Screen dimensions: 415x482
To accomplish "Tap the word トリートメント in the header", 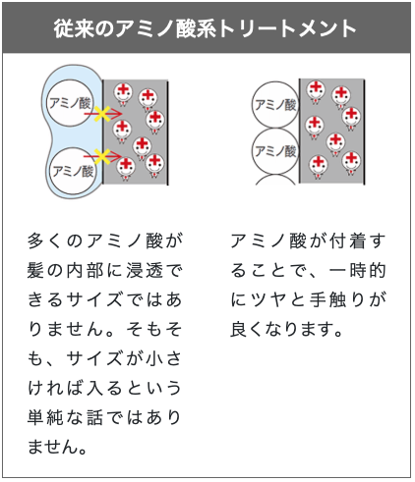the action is point(287,28).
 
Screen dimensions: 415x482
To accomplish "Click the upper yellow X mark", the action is point(102,114).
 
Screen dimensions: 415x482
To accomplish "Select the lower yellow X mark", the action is point(102,157).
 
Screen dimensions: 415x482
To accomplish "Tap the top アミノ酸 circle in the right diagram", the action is point(275,105).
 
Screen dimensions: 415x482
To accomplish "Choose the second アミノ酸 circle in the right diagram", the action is point(275,151).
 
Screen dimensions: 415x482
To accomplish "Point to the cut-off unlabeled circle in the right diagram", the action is point(275,180).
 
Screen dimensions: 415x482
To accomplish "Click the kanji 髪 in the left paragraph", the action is point(35,271).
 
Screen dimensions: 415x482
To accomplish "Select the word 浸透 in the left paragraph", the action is point(145,271).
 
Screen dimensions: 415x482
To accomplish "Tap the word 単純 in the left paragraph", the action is point(45,418).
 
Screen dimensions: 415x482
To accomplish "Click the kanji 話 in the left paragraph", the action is point(94,418).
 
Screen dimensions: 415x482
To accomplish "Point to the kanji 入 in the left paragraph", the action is point(94,389).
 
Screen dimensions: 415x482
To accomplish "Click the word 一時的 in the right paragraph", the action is point(357,271).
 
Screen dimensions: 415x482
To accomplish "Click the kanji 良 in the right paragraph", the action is point(239,329).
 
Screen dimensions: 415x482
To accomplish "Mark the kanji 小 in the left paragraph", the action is point(154,359).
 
